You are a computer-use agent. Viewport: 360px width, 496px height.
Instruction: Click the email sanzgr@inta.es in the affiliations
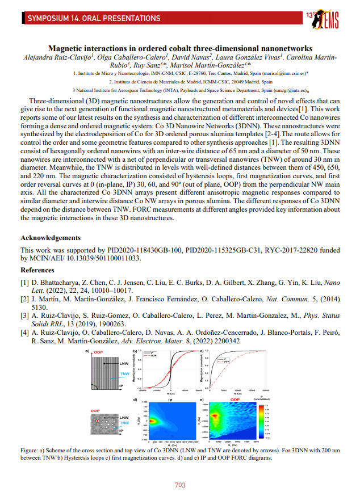pos(287,90)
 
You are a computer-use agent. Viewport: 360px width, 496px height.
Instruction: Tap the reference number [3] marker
pos(24,314)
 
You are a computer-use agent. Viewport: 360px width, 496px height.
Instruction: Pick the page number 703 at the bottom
pos(179,485)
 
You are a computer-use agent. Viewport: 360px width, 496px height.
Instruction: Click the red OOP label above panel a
pos(99,352)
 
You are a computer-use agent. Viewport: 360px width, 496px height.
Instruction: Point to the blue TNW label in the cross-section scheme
pos(123,375)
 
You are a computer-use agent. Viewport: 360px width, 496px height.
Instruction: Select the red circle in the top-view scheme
pos(98,421)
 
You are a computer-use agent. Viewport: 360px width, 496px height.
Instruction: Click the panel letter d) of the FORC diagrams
pos(135,400)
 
